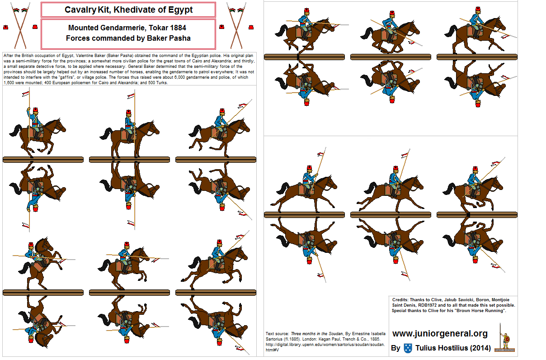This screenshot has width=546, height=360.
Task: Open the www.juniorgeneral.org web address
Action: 440,334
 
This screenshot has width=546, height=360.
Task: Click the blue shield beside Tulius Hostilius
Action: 408,348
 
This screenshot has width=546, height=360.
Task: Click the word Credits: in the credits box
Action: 402,300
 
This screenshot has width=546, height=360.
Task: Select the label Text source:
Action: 277,333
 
